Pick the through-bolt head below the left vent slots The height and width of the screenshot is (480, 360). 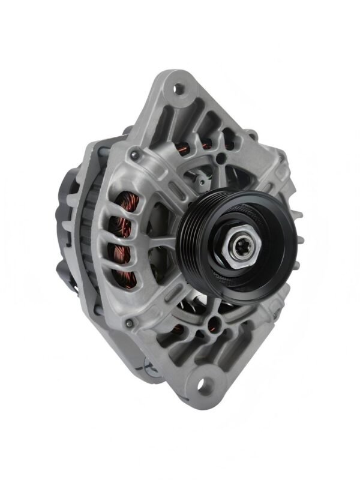tap(129, 325)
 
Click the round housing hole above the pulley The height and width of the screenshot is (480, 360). tap(221, 158)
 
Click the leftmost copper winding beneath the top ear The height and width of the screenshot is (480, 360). tap(187, 142)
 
